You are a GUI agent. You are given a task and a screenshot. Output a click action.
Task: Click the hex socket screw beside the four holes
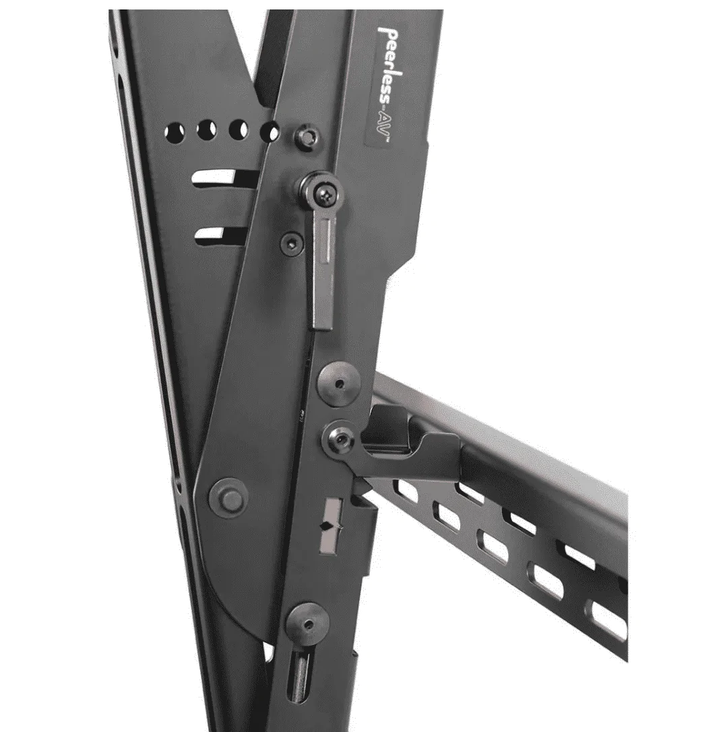click(x=306, y=136)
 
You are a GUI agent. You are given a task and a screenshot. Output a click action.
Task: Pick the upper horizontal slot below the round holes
click(x=223, y=179)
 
